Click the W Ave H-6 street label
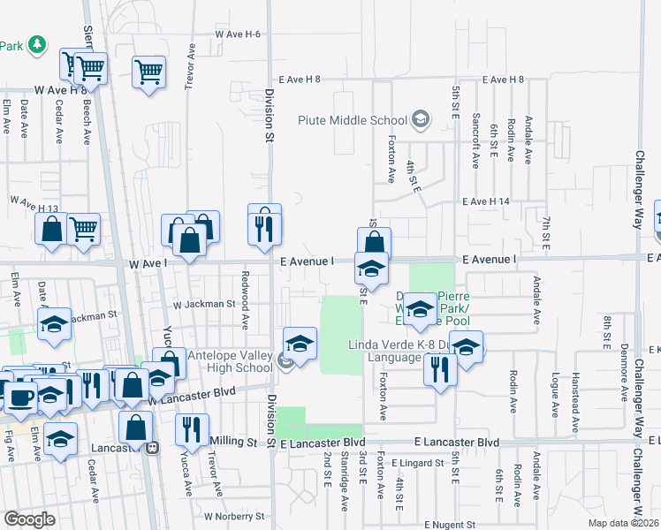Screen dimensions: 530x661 pos(238,34)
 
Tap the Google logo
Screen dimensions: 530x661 pos(29,519)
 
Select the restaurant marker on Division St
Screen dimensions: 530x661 pos(264,225)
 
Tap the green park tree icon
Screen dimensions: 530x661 pos(36,44)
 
